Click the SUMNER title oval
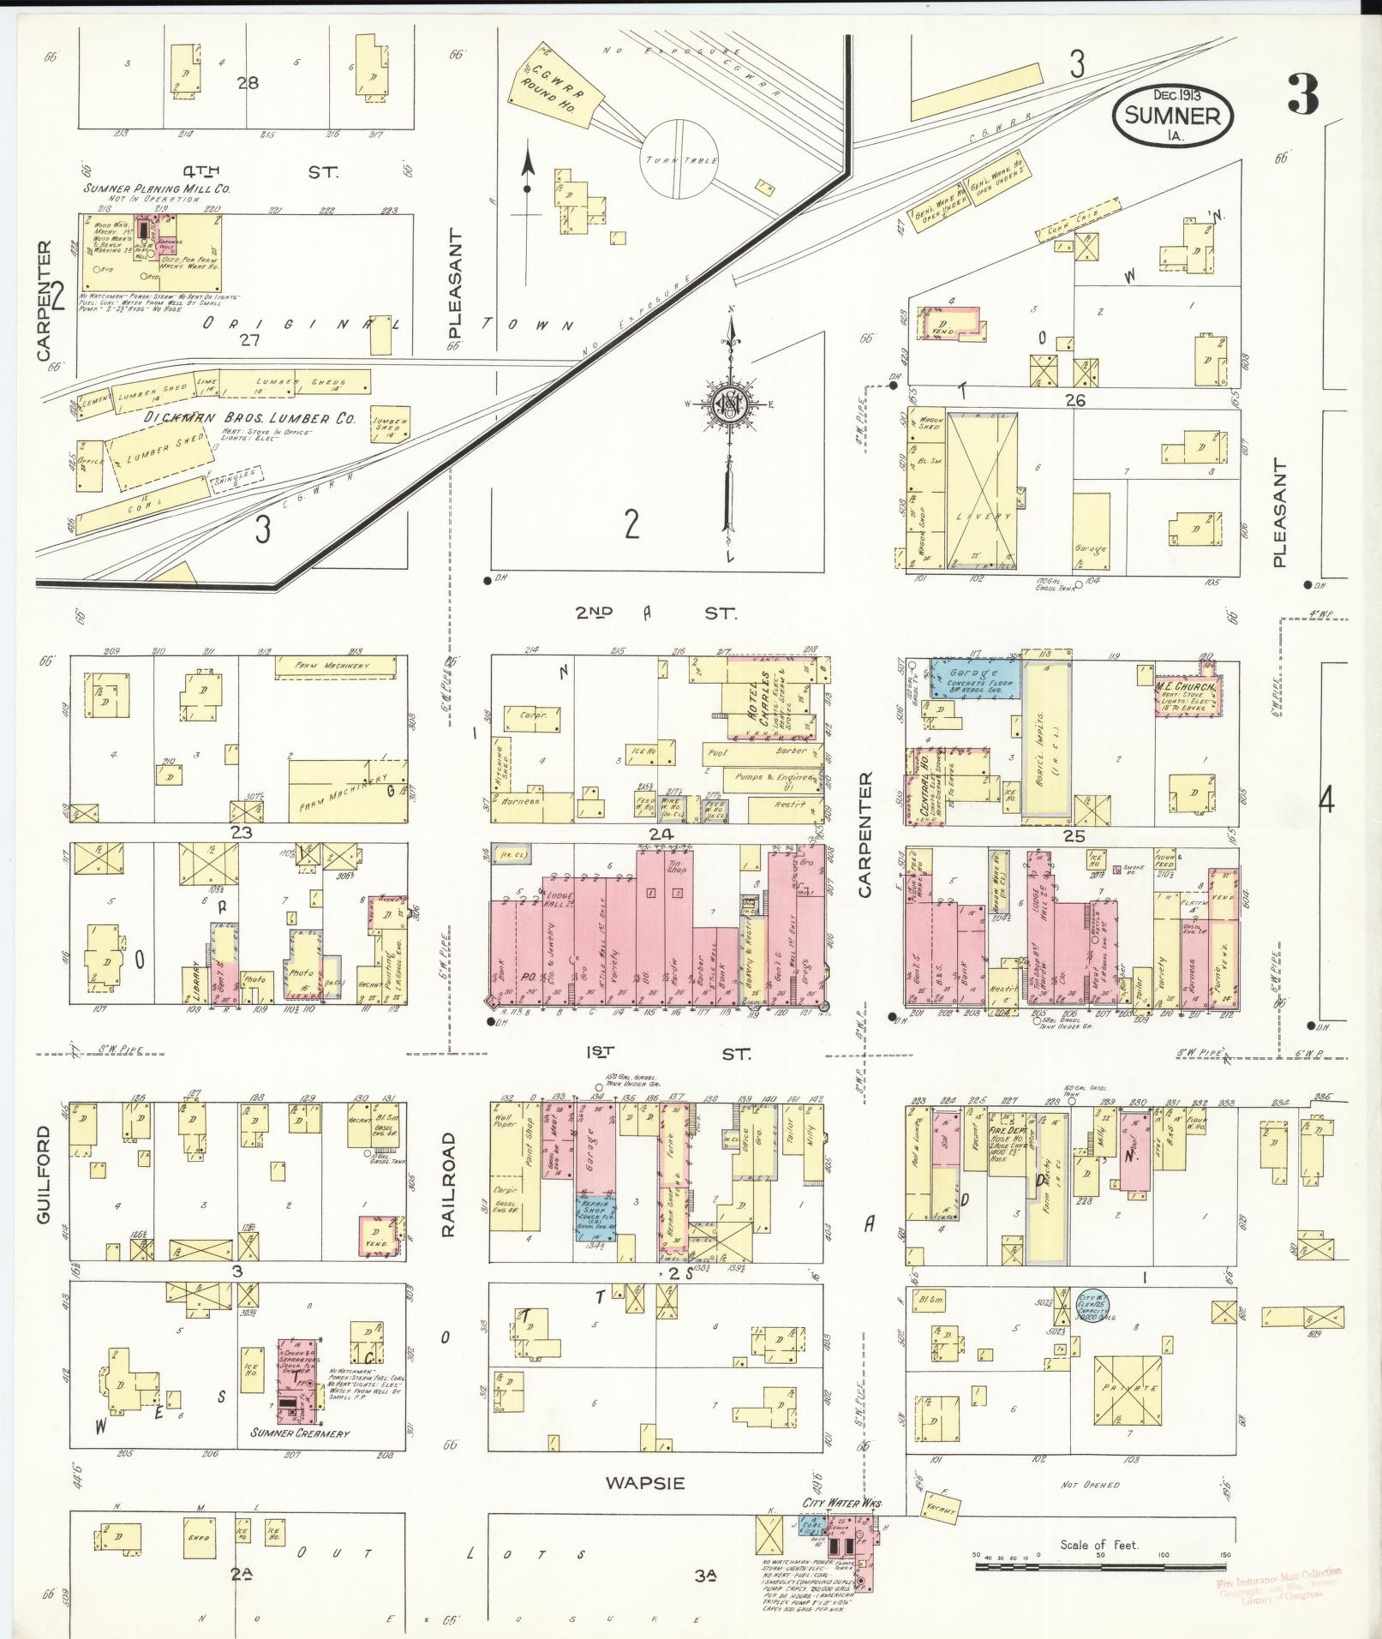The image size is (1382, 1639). [1173, 114]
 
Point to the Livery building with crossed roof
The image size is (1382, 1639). [979, 491]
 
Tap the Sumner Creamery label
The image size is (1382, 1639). [300, 1432]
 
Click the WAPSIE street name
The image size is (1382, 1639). [645, 1482]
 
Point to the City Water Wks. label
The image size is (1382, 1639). [841, 1504]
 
